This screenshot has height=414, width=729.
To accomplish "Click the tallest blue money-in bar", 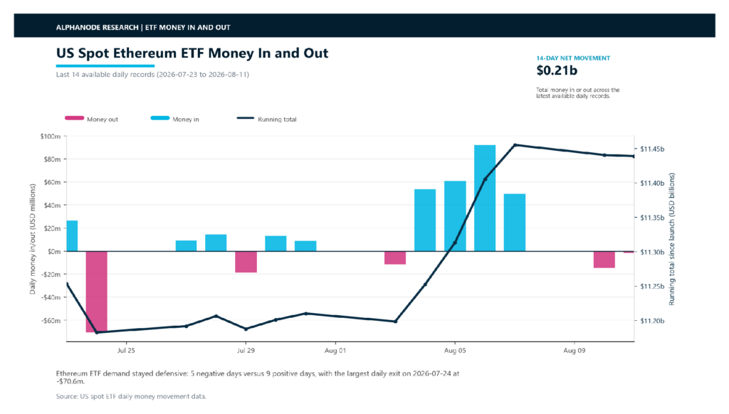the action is pos(484,198).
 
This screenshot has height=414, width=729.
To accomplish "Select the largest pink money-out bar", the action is pos(97,292).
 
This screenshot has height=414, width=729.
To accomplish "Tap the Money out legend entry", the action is pos(92,119).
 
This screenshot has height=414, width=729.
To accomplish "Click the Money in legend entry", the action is pos(175,119).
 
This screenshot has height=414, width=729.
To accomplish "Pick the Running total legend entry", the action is pos(267,119).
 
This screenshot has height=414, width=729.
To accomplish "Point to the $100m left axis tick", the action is pos(51,136).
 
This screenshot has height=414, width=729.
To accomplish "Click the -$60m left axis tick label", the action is pos(51,321).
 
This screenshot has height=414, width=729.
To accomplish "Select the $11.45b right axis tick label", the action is pos(652,149).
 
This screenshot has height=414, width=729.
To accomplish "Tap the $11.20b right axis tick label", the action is pos(652,321).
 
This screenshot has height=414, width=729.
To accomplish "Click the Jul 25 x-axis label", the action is pos(126,351).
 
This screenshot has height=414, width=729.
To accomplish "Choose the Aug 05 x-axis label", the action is pos(455,351).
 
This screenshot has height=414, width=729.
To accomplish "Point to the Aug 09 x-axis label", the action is pos(575,351).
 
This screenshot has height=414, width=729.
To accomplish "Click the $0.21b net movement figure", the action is pos(557,70).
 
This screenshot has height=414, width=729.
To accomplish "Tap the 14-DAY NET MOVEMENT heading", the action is pos(573,58).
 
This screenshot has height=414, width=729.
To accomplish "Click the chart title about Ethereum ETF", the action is pos(192,53).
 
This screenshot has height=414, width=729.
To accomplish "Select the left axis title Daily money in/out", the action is pos(33,239).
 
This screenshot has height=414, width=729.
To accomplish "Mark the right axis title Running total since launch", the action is pos(671,239).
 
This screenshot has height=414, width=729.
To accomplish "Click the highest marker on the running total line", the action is pos(515,145).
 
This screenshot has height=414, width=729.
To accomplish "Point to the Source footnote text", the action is pos(131,396).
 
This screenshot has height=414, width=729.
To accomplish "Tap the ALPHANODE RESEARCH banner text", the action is pos(143,28).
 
